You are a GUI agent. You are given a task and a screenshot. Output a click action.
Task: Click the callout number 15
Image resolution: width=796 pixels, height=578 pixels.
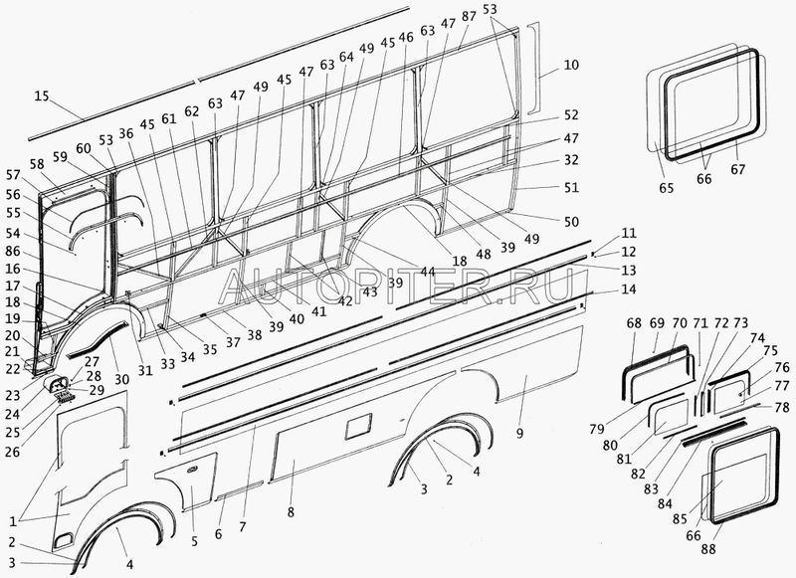(x=40, y=96)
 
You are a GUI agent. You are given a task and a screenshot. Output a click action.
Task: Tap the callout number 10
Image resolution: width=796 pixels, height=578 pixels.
(x=570, y=66)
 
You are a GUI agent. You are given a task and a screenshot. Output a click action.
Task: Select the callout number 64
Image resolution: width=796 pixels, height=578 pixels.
(x=345, y=57)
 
